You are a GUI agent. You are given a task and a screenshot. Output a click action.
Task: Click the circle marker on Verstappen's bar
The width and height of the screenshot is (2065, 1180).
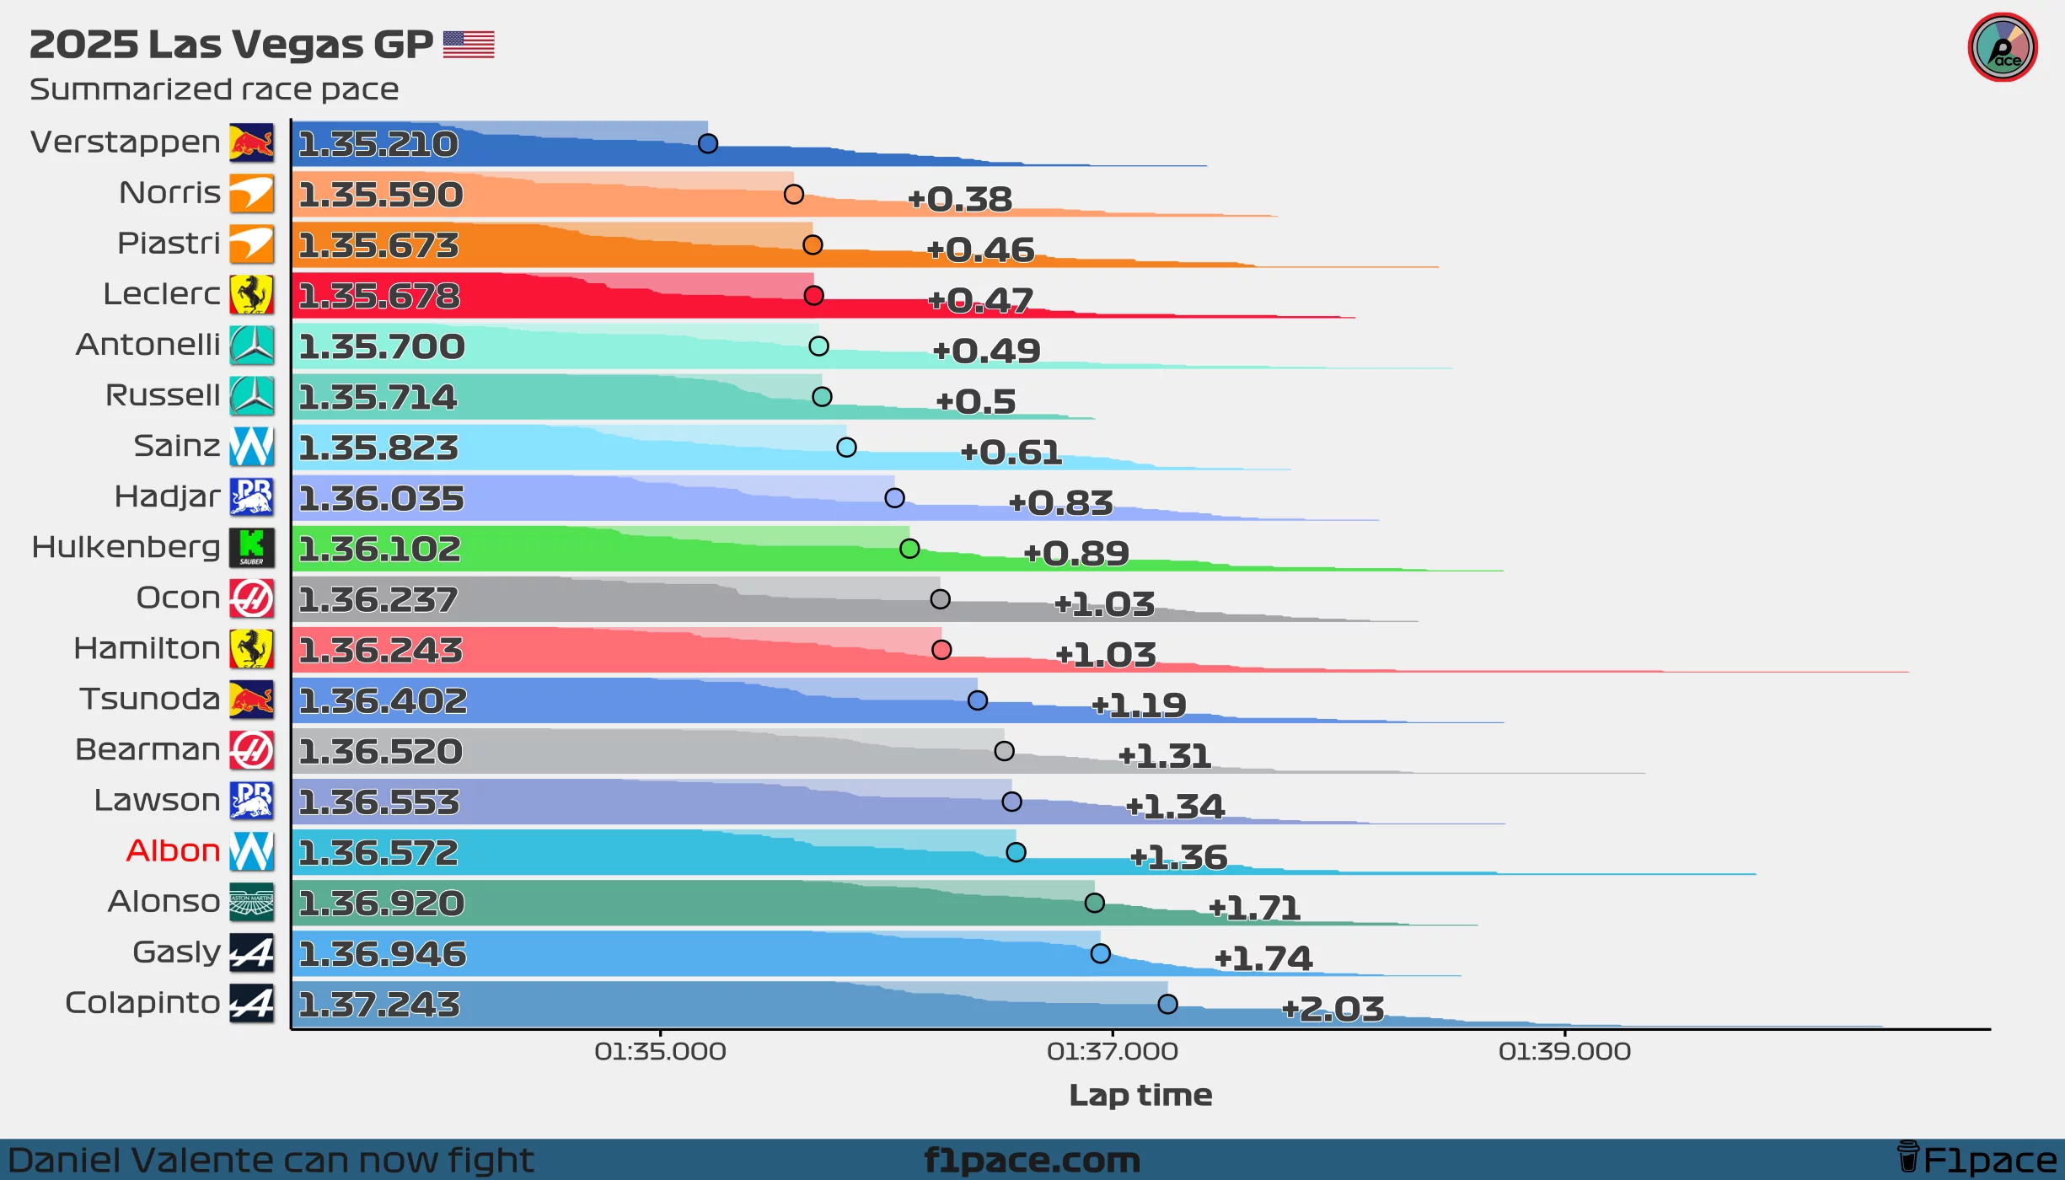pos(708,143)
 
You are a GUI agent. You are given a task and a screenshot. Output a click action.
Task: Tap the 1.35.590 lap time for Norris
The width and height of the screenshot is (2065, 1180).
pos(381,195)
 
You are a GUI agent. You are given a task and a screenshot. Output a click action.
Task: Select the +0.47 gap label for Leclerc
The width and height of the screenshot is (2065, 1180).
pos(980,300)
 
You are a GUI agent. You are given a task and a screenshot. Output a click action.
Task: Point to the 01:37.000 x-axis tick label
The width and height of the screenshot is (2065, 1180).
pos(1113,1051)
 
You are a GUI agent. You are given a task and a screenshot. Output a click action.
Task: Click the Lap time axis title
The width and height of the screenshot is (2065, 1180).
pos(1140,1094)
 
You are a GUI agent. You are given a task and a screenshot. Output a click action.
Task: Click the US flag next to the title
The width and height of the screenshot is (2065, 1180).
pos(469,44)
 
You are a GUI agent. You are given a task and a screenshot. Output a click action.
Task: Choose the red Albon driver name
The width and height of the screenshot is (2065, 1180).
pos(173,850)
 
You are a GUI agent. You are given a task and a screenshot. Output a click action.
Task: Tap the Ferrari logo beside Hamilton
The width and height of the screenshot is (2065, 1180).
pos(251,649)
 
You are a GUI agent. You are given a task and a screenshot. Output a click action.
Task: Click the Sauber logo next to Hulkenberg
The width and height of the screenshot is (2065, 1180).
pos(251,547)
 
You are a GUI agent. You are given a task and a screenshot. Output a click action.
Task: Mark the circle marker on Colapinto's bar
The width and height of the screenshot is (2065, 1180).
pos(1167,1004)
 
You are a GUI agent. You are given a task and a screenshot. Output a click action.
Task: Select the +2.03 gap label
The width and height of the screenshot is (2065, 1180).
pos(1333,1009)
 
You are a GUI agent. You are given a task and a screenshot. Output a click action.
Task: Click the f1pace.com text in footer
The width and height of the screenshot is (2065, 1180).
pos(1032,1160)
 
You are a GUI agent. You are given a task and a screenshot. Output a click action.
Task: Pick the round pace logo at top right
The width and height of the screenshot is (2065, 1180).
pos(2003,47)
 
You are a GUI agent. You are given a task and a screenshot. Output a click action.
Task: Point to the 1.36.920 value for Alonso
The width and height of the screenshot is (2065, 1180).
pos(381,904)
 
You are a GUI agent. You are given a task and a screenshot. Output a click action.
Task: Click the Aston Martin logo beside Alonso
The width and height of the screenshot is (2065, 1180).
pos(251,902)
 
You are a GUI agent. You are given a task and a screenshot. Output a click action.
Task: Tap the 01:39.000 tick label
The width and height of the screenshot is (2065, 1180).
pos(1565,1051)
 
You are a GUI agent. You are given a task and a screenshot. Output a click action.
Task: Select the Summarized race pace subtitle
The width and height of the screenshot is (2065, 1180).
pos(214,89)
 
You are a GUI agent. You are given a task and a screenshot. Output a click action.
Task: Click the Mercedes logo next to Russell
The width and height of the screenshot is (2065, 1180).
pos(251,395)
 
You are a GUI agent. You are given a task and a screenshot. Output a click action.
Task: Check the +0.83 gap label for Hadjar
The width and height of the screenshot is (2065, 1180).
pos(1061,503)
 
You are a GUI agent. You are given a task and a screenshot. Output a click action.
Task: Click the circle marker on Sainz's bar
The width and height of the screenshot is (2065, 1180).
pos(846,448)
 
